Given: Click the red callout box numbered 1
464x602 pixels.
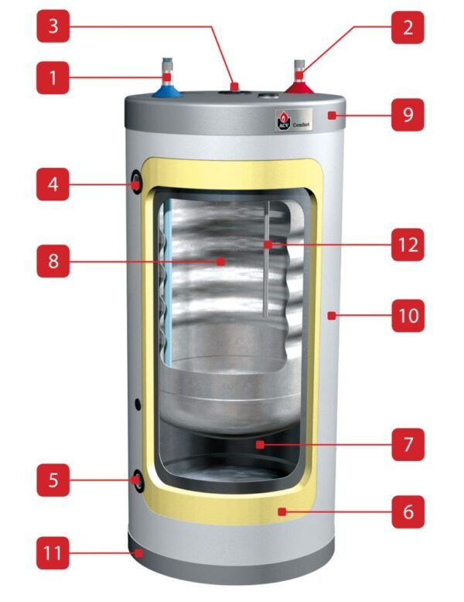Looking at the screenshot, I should pos(53,77).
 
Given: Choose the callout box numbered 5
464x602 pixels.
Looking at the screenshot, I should pos(53,480).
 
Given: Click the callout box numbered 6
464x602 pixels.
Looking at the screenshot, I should pos(408,511).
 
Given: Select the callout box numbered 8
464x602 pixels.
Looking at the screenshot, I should pos(53,262).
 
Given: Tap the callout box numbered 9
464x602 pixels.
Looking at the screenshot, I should pos(408,116).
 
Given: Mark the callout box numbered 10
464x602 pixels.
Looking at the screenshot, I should pos(408,315).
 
